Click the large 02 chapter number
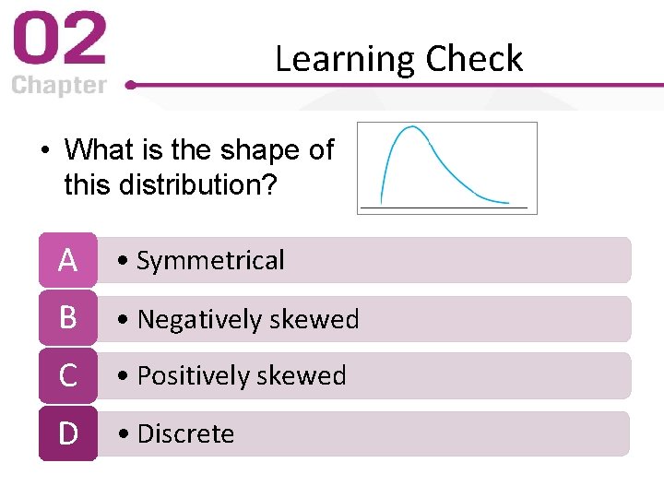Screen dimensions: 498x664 [x=59, y=41]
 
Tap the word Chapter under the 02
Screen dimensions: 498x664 [x=59, y=86]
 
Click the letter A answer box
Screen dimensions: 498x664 [x=67, y=261]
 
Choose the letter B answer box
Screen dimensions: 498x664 [x=67, y=318]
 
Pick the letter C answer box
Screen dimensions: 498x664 [x=67, y=375]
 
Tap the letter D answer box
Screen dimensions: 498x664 [x=67, y=433]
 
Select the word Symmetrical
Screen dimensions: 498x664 [x=210, y=261]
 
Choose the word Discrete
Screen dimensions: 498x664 [x=185, y=433]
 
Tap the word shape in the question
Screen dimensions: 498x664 [x=248, y=150]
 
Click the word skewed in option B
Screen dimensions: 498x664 [x=314, y=319]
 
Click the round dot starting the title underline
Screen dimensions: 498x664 [x=130, y=85]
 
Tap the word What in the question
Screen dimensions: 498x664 [x=97, y=149]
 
